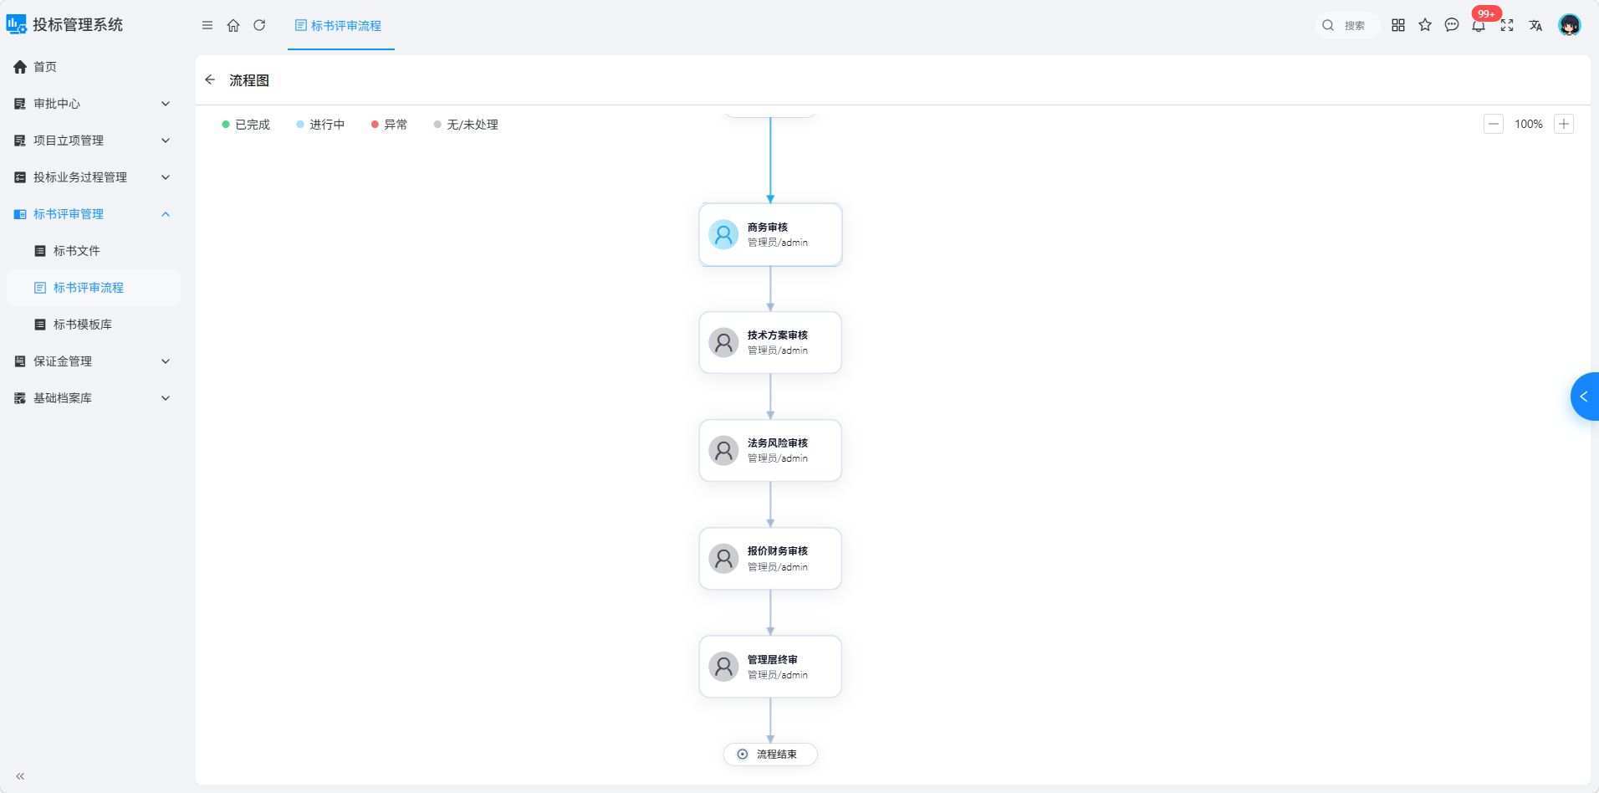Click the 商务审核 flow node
(770, 234)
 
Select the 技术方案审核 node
(770, 342)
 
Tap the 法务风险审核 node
(770, 450)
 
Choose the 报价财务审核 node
(770, 558)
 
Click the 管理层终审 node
(770, 667)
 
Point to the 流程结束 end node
(770, 754)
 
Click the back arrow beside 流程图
(210, 79)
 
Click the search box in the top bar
(1346, 25)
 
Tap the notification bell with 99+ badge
(1479, 25)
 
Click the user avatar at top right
(1570, 25)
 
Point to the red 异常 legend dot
(375, 125)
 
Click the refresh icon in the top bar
(259, 25)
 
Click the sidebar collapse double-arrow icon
(20, 776)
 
